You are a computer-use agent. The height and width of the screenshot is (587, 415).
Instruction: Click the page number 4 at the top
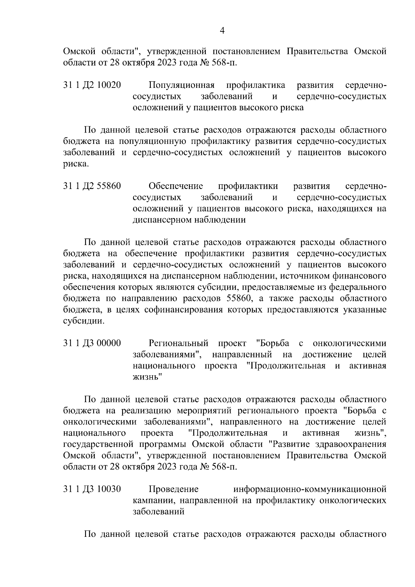[222, 31]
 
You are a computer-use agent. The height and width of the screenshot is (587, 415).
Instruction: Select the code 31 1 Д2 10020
[92, 85]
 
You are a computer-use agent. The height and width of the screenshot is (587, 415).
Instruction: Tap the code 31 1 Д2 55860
[92, 186]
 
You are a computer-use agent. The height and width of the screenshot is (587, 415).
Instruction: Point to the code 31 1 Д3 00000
[92, 343]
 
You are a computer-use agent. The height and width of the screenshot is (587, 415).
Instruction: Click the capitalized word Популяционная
[182, 85]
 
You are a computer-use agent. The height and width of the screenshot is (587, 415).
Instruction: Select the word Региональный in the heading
[178, 343]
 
